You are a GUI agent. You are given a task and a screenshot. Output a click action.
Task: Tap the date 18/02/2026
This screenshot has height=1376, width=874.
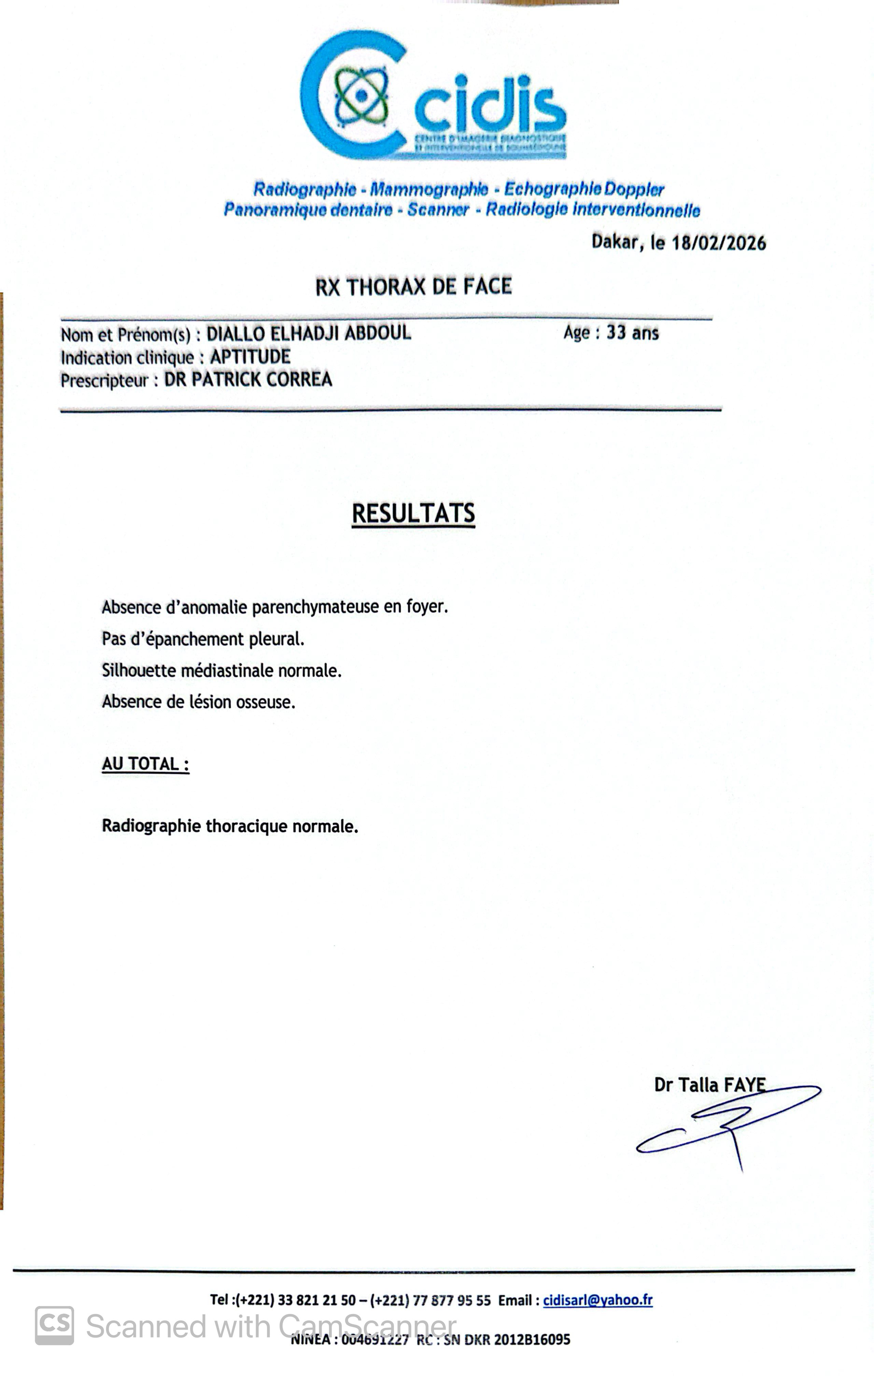(719, 243)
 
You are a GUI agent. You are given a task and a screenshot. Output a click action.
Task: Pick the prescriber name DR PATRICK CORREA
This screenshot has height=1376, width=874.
(248, 379)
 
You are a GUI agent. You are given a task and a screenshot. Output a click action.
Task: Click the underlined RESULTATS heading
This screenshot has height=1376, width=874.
(413, 513)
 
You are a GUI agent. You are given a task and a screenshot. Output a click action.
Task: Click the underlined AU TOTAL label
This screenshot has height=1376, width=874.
(145, 764)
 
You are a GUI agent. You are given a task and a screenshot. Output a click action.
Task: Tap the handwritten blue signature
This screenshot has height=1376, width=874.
(729, 1123)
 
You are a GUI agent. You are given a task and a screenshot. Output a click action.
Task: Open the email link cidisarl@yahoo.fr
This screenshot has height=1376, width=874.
(597, 1300)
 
